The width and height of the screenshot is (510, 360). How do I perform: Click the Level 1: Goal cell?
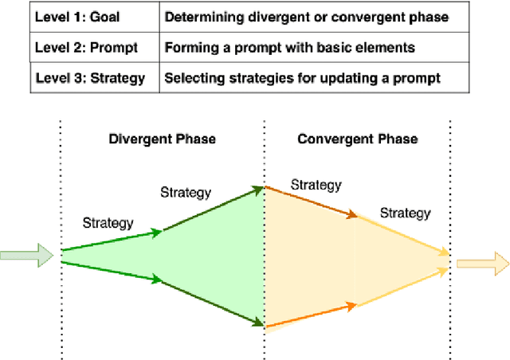tap(74, 18)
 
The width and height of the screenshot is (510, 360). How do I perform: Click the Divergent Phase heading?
tap(162, 139)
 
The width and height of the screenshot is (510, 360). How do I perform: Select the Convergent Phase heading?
tap(357, 139)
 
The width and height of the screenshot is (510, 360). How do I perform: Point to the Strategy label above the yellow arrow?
tap(405, 213)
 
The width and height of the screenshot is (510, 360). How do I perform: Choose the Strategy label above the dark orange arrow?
tap(316, 186)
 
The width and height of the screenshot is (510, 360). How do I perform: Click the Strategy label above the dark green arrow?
tap(186, 193)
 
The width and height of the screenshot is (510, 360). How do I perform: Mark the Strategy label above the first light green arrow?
tap(108, 224)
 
